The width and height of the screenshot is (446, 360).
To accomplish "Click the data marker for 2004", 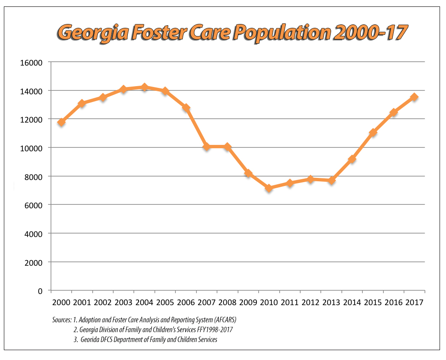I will (x=145, y=87).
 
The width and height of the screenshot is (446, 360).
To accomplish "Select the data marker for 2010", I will (x=269, y=188).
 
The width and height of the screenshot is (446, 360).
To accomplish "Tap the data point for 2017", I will (x=414, y=97).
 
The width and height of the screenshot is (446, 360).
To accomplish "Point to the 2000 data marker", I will (x=61, y=122).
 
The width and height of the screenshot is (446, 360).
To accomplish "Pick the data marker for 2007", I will (x=207, y=147).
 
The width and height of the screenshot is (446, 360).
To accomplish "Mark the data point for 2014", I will (x=352, y=159).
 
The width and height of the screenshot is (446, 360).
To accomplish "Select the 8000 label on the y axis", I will (x=33, y=177).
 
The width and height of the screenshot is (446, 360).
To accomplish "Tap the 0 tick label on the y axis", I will (x=40, y=291).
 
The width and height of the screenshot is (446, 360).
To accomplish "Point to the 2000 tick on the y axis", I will (x=33, y=262).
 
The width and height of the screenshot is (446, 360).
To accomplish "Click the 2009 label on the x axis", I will (x=248, y=303).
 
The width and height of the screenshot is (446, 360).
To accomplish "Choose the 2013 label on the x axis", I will (x=331, y=303).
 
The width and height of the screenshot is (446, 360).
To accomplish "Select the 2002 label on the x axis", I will (x=103, y=303).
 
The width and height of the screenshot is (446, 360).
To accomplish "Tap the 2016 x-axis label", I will (x=393, y=303).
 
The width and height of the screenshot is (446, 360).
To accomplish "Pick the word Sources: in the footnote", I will (x=59, y=320).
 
